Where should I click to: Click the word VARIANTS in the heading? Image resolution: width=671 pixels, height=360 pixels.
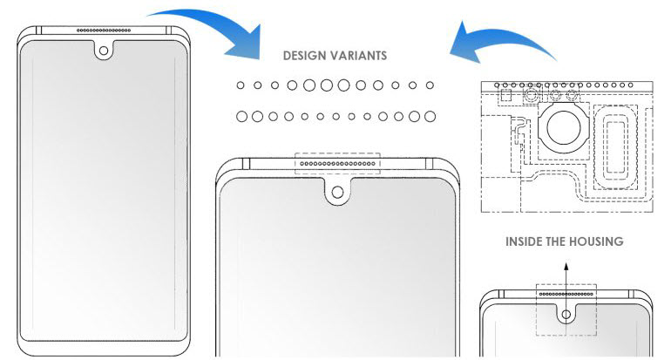click(x=361, y=56)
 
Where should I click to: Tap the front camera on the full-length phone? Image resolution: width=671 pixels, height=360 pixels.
click(x=104, y=51)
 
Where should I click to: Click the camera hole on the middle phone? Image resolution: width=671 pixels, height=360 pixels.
click(x=337, y=192)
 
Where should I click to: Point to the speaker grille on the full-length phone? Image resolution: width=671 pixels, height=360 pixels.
click(x=104, y=31)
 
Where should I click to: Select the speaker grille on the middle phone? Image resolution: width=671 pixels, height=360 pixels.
click(x=337, y=164)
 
